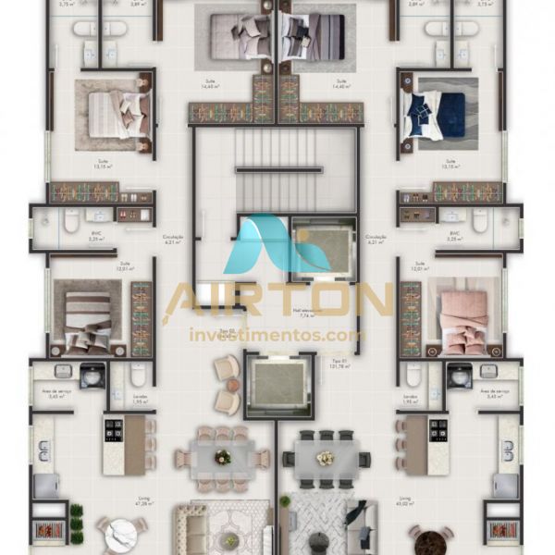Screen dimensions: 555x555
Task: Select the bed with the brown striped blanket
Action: (89, 314)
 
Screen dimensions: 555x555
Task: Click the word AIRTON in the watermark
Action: (277, 301)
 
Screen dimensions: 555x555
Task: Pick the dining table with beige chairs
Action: (221, 457)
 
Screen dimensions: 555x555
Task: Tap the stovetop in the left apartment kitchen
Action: (114, 429)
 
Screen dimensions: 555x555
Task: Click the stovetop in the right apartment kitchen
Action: (438, 429)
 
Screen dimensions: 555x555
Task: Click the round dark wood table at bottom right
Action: (430, 538)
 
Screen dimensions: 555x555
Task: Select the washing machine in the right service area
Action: (459, 375)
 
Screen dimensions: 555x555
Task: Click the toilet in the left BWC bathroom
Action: (71, 222)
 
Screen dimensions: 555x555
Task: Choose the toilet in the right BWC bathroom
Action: (480, 222)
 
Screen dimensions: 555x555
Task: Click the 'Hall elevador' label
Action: (302, 311)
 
